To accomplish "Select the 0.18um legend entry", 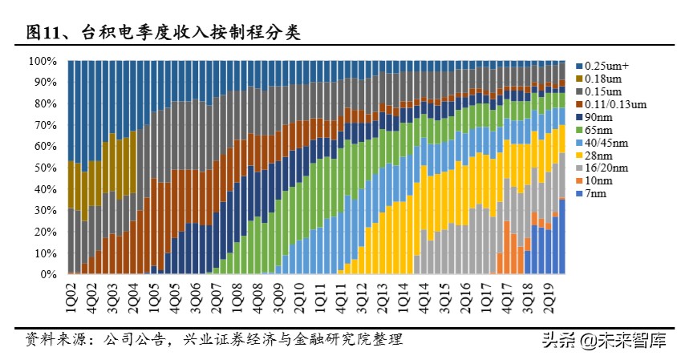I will [602, 79].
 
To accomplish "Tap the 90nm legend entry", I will [598, 117].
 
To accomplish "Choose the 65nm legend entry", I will [598, 130].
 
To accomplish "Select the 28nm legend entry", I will [598, 156].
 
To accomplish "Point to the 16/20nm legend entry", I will [604, 169].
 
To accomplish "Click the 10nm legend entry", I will [598, 182].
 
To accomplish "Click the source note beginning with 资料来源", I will [213, 340].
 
